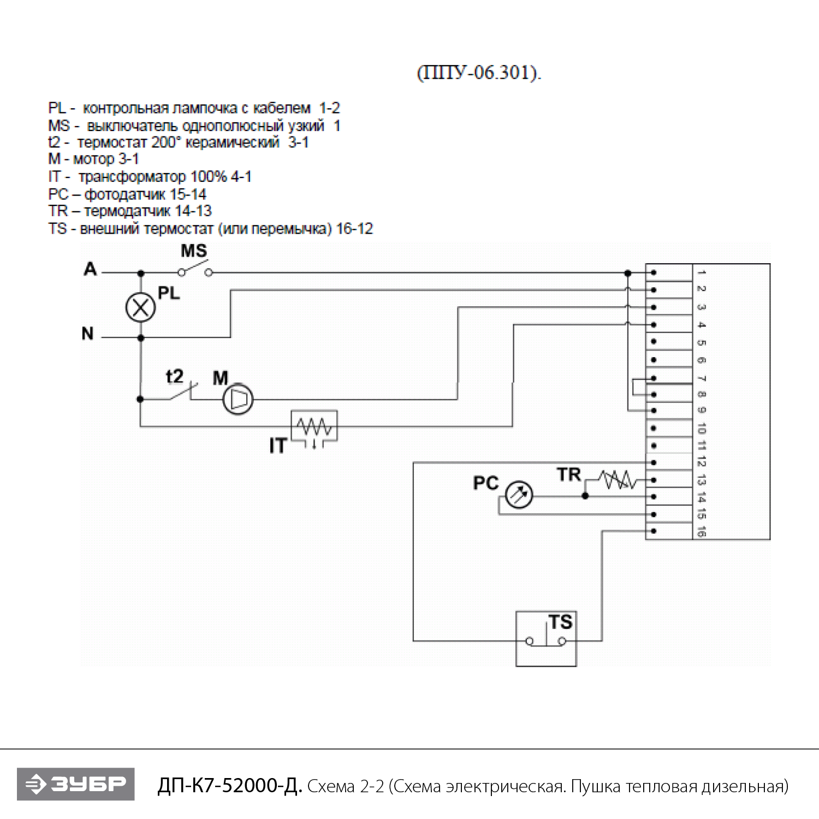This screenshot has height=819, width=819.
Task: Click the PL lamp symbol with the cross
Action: tap(140, 308)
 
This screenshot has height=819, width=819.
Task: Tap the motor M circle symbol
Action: tap(238, 399)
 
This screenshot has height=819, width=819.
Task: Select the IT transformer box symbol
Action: tap(314, 426)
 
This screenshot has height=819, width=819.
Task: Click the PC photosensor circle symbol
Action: tap(519, 495)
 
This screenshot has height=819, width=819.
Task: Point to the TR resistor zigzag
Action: tap(618, 480)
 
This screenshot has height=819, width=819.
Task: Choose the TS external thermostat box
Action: tap(546, 638)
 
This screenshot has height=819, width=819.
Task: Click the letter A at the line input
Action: tap(90, 269)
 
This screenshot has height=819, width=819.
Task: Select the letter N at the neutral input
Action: tap(87, 334)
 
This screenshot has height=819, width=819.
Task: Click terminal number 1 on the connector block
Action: tap(702, 272)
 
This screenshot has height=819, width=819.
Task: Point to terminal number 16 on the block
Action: tap(702, 531)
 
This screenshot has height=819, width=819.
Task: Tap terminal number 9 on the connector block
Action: tap(702, 410)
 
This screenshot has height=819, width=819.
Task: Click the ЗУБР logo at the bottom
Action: tap(76, 784)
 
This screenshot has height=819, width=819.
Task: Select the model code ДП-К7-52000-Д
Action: tap(229, 786)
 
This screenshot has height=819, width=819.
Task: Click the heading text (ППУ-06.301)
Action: tap(479, 73)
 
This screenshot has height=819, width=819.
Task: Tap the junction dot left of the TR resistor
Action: tap(585, 496)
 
